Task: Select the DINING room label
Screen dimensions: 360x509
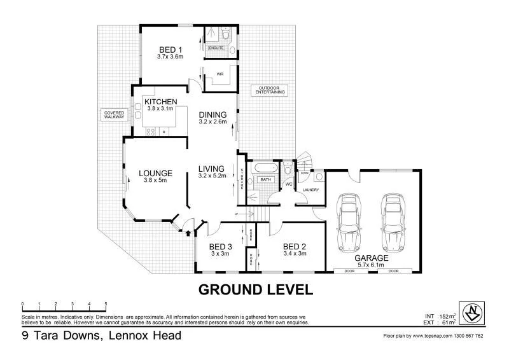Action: (213, 114)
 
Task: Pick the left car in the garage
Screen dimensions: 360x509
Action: (349, 222)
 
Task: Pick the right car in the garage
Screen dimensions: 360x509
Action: (394, 222)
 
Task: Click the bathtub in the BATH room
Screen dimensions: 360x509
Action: (261, 170)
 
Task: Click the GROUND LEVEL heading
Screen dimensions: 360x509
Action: (256, 290)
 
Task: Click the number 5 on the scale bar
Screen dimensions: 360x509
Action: (106, 304)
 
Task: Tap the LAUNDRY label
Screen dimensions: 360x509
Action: (310, 190)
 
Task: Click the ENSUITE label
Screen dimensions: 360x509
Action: (217, 48)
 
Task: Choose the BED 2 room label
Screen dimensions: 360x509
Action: (295, 246)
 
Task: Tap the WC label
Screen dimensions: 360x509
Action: (288, 185)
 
